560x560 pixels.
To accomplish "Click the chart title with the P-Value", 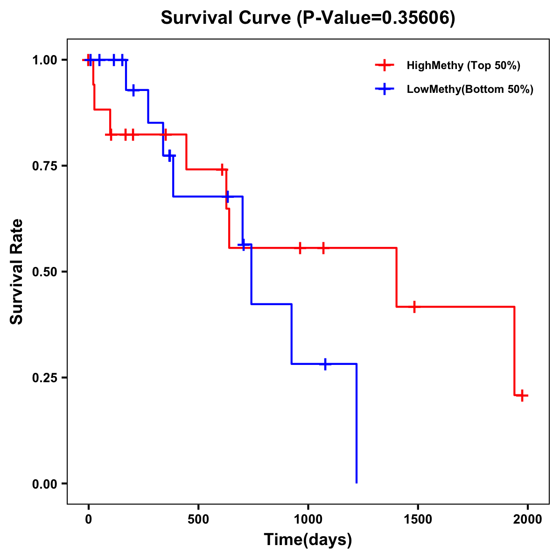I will coord(308,18).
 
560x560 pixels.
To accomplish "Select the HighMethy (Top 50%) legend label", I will coord(463,65).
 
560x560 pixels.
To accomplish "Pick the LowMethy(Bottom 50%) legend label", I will coord(470,89).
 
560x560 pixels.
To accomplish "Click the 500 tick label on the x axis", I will coord(198,519).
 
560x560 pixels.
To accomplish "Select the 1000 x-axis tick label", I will coord(308,519).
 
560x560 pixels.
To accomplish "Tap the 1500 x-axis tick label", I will coord(418,519).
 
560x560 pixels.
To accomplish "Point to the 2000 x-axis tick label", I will coord(527,519).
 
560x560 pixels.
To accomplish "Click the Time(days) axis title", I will coord(308,540).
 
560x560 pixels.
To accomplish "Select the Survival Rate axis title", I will coord(17,272).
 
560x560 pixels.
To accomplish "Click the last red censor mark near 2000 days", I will coord(523,395).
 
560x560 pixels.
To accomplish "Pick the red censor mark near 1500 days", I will coord(414,307).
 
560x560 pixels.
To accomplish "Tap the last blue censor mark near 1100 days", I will coord(325,364).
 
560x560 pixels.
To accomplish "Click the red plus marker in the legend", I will coord(385,65).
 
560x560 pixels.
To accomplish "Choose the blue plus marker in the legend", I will coord(385,89).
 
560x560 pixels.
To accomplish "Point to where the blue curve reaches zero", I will coord(357,483).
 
